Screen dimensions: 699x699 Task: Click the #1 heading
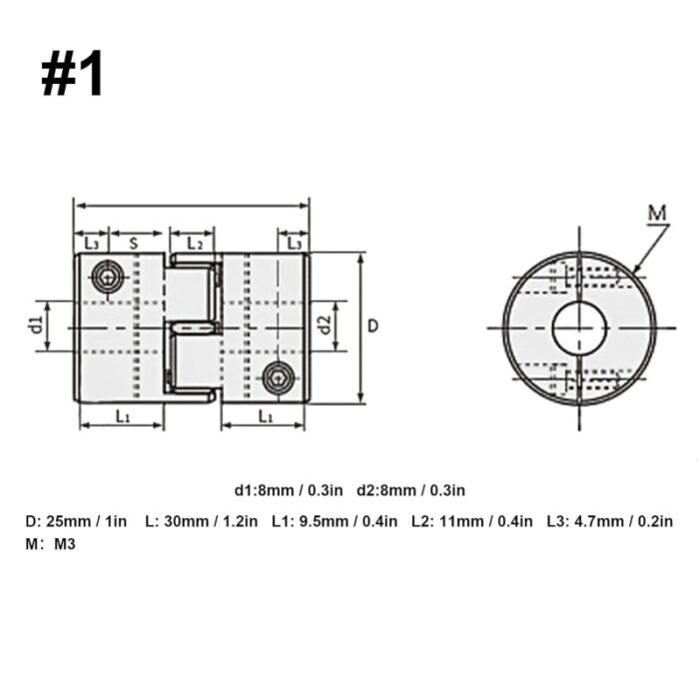pos(72,74)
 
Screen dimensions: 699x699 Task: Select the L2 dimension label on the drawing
pos(194,243)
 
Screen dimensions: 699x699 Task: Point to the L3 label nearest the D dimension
pos(294,243)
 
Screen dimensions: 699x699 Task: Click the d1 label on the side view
pos(34,326)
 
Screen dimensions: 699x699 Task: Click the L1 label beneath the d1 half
pos(121,415)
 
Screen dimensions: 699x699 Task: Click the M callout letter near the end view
pos(655,212)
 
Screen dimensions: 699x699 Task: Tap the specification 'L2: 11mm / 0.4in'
pos(471,520)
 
